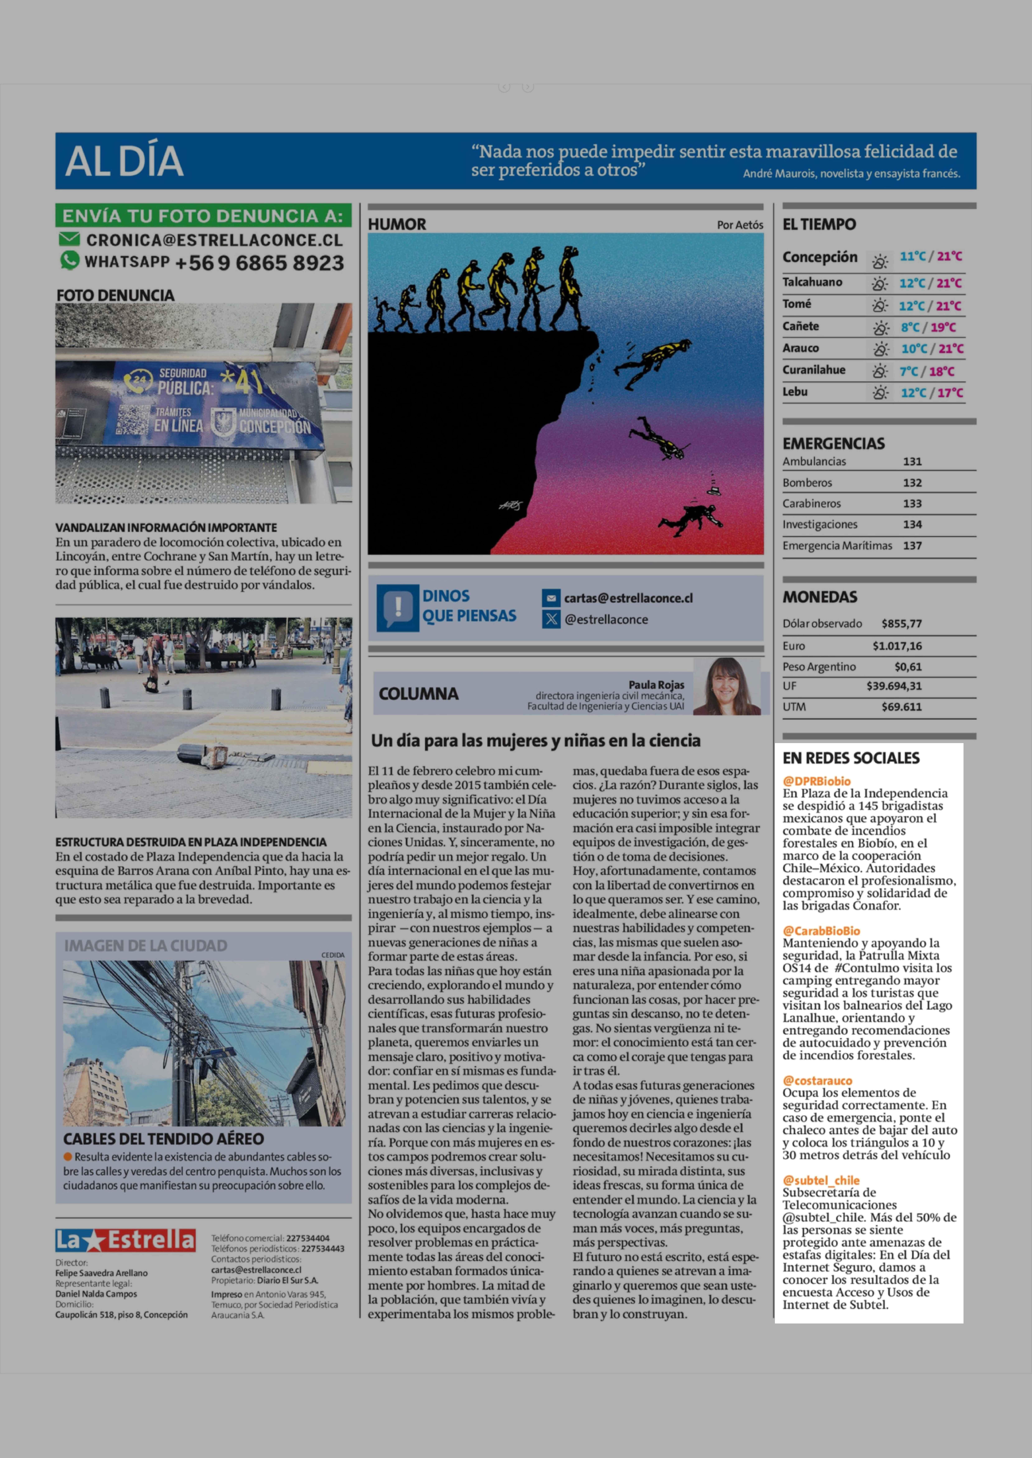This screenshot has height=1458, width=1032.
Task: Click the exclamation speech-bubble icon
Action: [x=398, y=607]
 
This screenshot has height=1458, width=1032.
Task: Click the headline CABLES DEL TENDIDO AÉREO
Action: [x=163, y=1139]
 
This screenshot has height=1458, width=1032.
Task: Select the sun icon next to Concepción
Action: [x=879, y=260]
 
